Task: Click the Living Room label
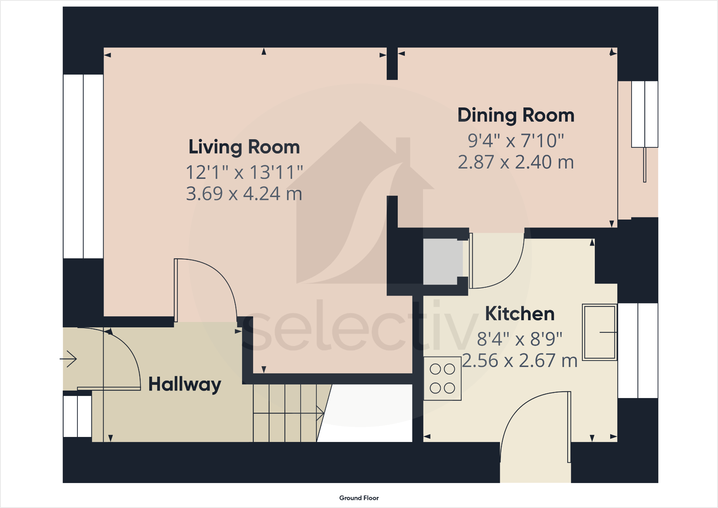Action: coord(244,147)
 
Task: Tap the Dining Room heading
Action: coord(516,115)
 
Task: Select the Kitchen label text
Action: coord(519,314)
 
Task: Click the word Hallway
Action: coord(185,384)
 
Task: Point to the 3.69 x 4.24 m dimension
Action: coord(244,194)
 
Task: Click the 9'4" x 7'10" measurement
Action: coord(516,141)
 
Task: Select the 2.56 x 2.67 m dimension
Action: coord(519,361)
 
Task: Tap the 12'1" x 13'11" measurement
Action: coord(244,172)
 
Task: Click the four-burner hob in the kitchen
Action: coord(442,378)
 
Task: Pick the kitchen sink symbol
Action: coord(599,332)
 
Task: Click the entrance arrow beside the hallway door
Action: coord(69,358)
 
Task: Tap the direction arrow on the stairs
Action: coord(320,413)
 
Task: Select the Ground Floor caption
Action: coord(359,498)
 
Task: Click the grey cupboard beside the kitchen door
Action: coord(443,262)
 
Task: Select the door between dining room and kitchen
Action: coord(496,264)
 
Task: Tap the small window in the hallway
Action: coord(77,416)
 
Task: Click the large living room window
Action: coord(83,166)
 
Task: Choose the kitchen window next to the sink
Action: coord(638,351)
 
